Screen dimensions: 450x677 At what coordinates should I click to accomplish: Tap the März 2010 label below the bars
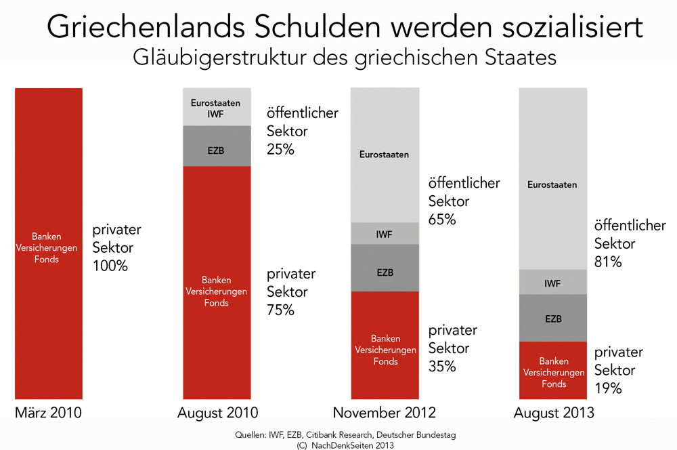click(x=48, y=413)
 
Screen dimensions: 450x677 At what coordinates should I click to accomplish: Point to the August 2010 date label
click(x=217, y=413)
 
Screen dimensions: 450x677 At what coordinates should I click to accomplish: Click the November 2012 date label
click(x=384, y=413)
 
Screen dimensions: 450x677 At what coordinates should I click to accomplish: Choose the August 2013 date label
click(x=554, y=413)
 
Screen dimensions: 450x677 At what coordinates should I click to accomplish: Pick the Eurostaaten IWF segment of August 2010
click(x=217, y=107)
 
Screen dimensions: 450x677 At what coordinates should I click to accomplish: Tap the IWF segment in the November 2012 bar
click(x=384, y=234)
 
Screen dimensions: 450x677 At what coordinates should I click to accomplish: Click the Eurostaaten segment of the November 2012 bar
click(x=384, y=155)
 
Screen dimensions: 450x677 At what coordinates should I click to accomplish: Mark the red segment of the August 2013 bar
click(x=553, y=371)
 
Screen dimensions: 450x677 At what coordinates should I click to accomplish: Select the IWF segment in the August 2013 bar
click(x=552, y=282)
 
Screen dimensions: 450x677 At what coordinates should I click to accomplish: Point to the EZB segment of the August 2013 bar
click(x=552, y=318)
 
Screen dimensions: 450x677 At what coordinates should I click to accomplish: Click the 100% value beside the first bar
click(x=110, y=266)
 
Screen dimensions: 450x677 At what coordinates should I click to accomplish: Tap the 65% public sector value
click(x=442, y=220)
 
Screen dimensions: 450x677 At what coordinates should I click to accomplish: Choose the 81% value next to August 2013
click(x=608, y=262)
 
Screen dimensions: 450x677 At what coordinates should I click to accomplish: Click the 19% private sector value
click(x=608, y=389)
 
